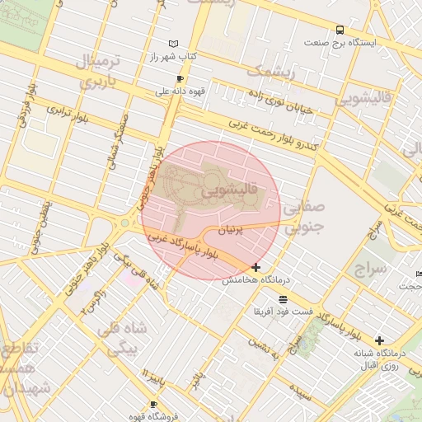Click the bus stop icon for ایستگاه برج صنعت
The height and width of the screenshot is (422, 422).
[340, 30]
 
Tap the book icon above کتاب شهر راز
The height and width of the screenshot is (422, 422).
[172, 44]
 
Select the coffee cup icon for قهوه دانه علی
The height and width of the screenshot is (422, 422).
[180, 79]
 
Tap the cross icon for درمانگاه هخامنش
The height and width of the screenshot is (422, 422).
[256, 267]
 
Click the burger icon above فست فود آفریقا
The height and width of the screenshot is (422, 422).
[284, 298]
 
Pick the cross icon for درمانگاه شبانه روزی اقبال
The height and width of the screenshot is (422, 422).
[379, 340]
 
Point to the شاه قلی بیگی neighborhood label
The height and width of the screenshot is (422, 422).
[121, 338]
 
